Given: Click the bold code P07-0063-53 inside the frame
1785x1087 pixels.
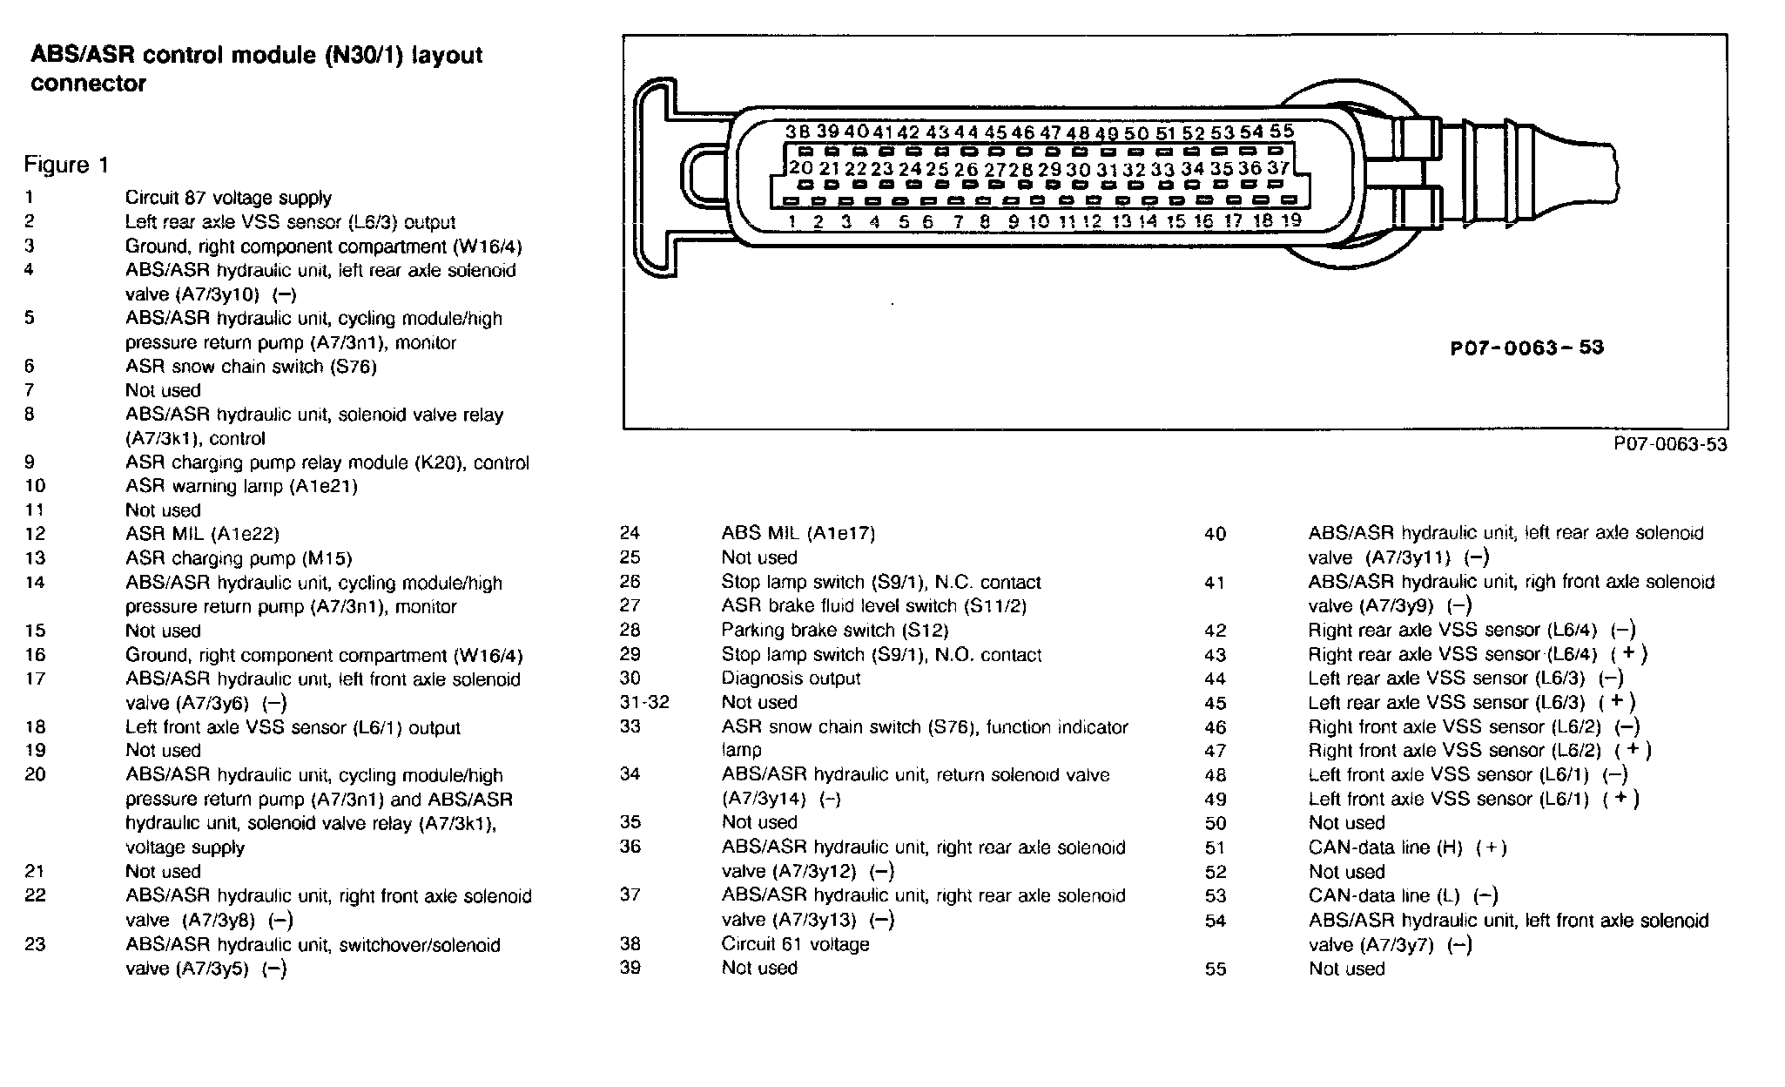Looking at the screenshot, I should (1526, 348).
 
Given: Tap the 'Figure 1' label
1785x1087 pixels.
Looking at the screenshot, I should (67, 165).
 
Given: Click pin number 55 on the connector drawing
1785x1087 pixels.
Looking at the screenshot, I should (1281, 132).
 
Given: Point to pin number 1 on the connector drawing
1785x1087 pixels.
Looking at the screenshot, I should (792, 221).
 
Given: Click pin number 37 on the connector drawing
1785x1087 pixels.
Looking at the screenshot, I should (1278, 167).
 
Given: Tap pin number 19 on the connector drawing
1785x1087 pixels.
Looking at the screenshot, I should (1291, 220).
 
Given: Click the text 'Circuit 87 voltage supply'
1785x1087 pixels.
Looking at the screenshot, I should (228, 199).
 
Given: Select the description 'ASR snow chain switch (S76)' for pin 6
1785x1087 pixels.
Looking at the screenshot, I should (251, 367).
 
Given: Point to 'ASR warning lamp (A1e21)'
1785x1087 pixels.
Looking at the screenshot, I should (241, 486).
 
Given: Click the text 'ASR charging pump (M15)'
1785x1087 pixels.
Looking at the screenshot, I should (239, 558).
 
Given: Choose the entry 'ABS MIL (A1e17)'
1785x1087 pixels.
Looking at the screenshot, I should (798, 533).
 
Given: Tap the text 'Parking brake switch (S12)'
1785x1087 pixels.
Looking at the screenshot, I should (834, 630).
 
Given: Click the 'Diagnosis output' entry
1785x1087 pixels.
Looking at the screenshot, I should (791, 679).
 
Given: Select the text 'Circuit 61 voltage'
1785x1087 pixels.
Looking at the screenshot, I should (795, 944).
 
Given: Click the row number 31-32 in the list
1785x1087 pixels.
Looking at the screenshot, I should (644, 703).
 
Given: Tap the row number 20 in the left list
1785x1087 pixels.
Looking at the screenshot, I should (35, 775).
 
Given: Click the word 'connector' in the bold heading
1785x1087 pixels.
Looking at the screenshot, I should (88, 84).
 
